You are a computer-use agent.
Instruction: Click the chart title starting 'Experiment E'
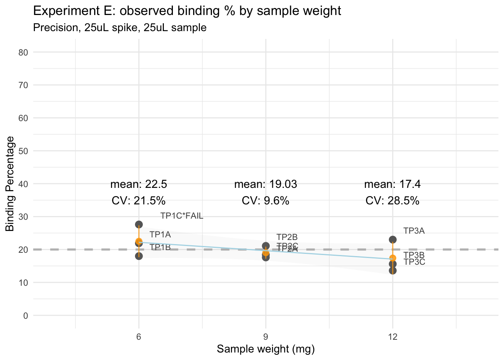pyautogui.click(x=187, y=11)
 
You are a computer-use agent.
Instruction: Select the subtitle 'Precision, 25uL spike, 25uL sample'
pyautogui.click(x=120, y=28)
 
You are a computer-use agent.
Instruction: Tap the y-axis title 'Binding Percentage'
pyautogui.click(x=10, y=184)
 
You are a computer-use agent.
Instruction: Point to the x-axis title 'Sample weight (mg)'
pyautogui.click(x=265, y=349)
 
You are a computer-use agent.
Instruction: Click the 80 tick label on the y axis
pyautogui.click(x=23, y=52)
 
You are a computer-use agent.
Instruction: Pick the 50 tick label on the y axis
pyautogui.click(x=23, y=151)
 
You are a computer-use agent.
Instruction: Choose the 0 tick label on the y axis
pyautogui.click(x=25, y=316)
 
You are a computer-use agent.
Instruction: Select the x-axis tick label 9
pyautogui.click(x=266, y=337)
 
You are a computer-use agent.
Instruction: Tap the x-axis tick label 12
pyautogui.click(x=393, y=337)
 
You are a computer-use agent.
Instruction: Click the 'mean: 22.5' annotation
pyautogui.click(x=139, y=184)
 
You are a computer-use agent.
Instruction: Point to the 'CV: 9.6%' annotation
pyautogui.click(x=265, y=201)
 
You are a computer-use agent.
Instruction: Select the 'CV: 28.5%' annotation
pyautogui.click(x=392, y=201)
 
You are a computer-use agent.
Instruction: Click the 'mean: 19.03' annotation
pyautogui.click(x=265, y=184)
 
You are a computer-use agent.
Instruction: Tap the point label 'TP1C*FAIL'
pyautogui.click(x=182, y=216)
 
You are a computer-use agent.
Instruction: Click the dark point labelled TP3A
pyautogui.click(x=393, y=240)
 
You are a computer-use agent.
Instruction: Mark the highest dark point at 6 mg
pyautogui.click(x=139, y=225)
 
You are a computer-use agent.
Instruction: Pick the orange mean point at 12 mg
pyautogui.click(x=393, y=258)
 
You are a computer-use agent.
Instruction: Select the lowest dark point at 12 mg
pyautogui.click(x=393, y=270)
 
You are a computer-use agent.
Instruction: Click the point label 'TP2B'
pyautogui.click(x=287, y=237)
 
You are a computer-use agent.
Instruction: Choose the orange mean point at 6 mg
pyautogui.click(x=139, y=241)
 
